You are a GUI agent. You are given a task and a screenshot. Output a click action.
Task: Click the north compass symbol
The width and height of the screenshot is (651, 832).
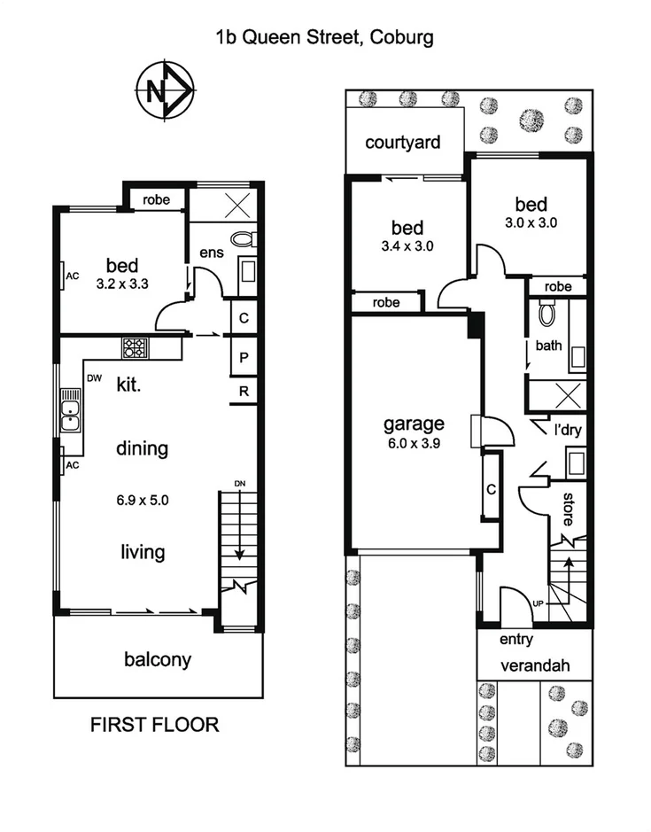[164, 90]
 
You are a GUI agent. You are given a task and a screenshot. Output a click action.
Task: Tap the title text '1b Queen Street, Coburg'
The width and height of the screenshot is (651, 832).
[324, 37]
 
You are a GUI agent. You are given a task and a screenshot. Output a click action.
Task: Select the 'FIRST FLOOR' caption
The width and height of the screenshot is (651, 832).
[155, 725]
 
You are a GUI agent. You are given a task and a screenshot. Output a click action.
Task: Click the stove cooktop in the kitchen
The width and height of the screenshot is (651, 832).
[135, 347]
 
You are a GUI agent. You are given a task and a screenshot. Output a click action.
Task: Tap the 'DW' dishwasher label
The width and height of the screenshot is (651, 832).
[93, 378]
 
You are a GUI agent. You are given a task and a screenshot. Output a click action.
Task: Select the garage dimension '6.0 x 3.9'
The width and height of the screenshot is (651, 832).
[413, 444]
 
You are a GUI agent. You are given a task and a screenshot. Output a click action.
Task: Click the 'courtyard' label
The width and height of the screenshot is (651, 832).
[402, 143]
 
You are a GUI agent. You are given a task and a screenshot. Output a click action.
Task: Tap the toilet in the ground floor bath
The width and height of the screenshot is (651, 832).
[547, 313]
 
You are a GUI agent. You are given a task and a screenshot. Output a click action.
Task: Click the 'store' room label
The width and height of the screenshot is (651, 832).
[570, 507]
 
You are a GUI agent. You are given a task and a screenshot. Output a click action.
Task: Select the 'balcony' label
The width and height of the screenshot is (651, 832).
[158, 659]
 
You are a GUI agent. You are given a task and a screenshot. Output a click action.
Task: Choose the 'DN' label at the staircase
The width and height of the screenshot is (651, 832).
[239, 483]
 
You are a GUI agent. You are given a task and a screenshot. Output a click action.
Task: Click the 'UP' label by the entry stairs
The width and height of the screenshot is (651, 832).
[538, 604]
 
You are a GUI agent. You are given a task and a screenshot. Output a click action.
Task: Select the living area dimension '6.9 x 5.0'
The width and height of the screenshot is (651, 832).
[142, 500]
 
